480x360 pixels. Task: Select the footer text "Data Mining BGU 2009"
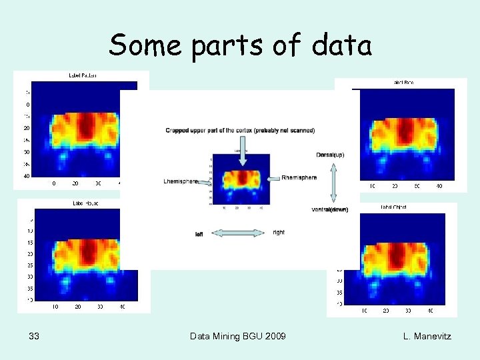coord(238,336)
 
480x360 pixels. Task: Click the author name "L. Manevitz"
coord(427,336)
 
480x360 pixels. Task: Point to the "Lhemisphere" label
coord(181,181)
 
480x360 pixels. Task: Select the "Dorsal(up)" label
coord(331,155)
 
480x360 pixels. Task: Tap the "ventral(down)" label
coord(330,209)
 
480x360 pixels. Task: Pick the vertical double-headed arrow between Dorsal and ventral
coord(333,183)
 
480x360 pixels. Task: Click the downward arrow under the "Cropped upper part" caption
coord(242,149)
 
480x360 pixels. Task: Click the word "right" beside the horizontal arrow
coord(279,232)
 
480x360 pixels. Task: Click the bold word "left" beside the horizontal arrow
coord(199,234)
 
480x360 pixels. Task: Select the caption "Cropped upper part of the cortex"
coord(240,130)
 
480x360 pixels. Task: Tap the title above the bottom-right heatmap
coord(393,207)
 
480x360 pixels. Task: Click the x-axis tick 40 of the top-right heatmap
coord(440,186)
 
